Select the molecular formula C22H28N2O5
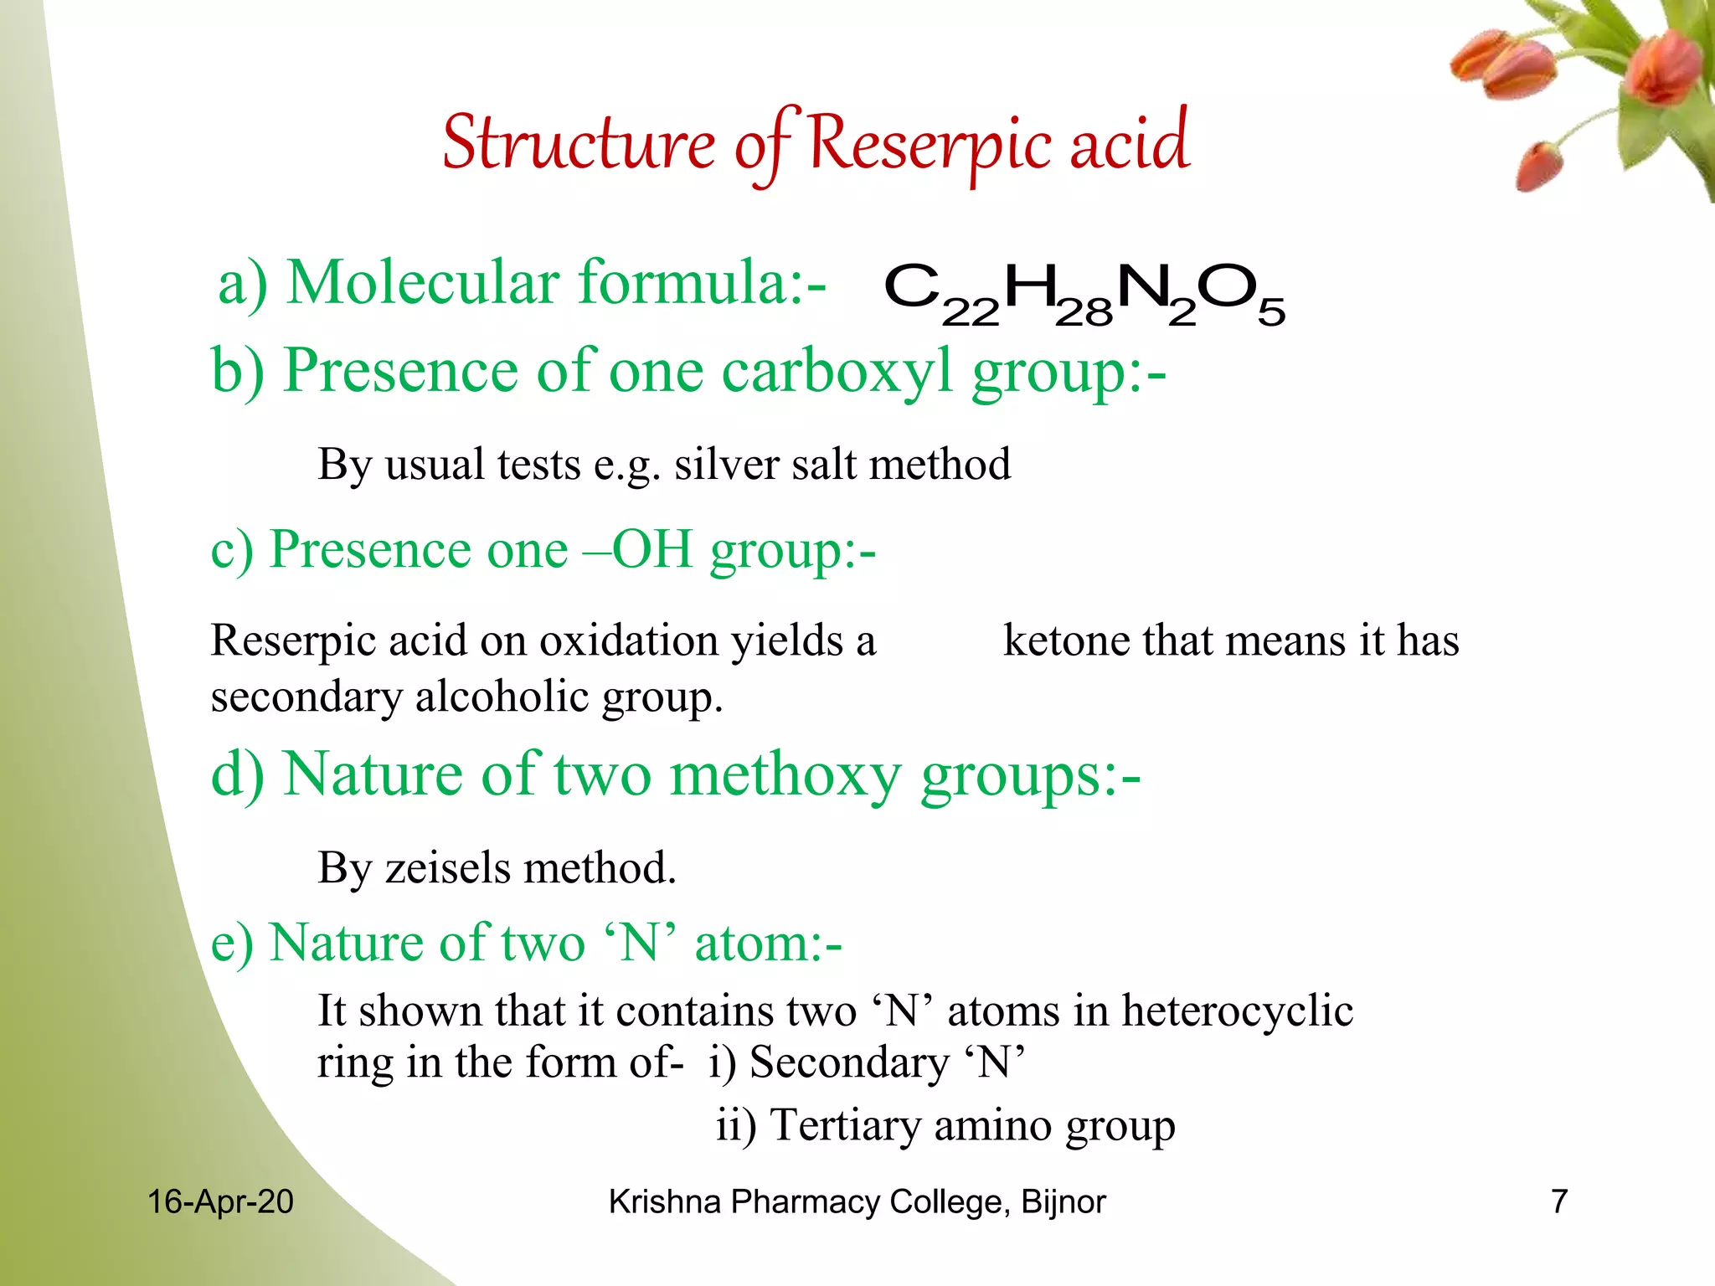(1084, 293)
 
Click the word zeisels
(446, 868)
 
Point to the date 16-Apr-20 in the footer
(220, 1202)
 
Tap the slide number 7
(1558, 1202)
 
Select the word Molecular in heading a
(423, 283)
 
